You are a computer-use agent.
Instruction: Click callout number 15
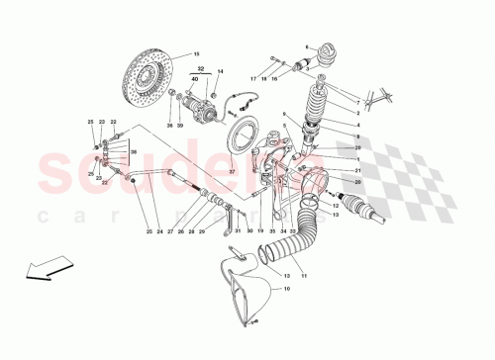click(195, 53)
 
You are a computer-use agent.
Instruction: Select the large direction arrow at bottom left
click(39, 270)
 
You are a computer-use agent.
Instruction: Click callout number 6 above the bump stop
click(308, 45)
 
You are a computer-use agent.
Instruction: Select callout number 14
click(221, 71)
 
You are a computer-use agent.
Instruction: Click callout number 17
click(253, 76)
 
